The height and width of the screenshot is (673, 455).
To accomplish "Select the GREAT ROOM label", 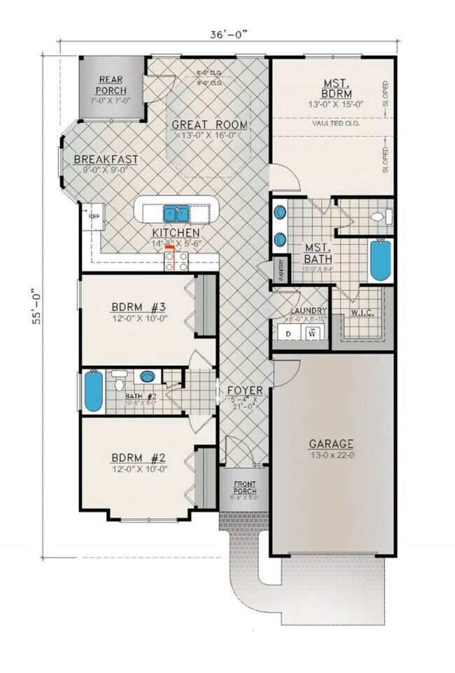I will click(x=210, y=125).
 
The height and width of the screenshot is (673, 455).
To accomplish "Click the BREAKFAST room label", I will click(x=106, y=160).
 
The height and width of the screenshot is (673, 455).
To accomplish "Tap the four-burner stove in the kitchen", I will click(x=176, y=260).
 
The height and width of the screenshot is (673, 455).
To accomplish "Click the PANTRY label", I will click(x=281, y=271).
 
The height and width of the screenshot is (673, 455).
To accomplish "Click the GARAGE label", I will click(x=332, y=444).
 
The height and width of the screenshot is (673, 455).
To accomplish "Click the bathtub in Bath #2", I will click(x=92, y=393).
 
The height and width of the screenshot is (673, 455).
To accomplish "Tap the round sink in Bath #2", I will click(x=147, y=376).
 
